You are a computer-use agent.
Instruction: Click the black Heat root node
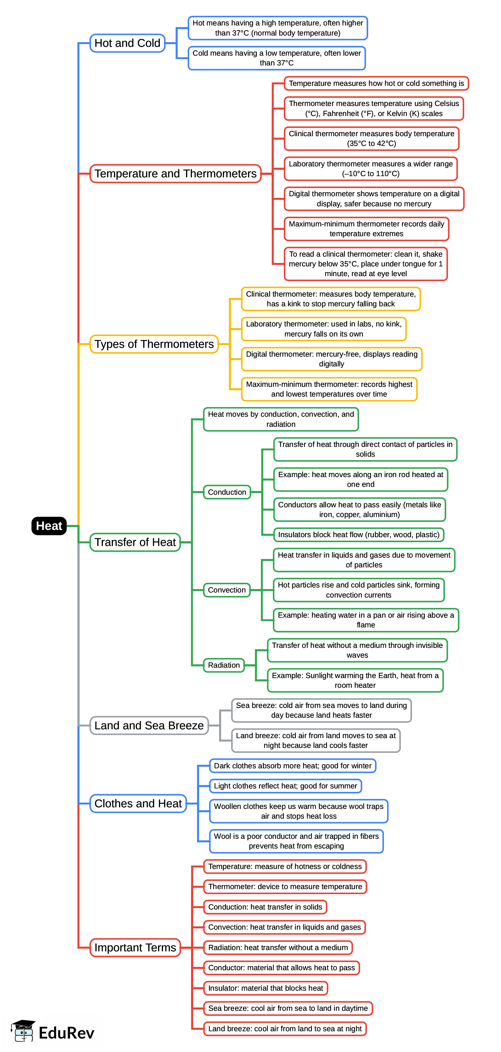click(x=49, y=526)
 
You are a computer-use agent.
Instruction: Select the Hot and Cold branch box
click(x=127, y=43)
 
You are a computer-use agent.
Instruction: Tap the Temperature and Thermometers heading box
click(x=175, y=174)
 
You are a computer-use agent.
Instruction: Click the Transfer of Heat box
click(x=135, y=542)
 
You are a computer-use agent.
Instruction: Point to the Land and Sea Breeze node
click(x=149, y=725)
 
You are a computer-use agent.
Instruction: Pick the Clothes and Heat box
click(x=138, y=803)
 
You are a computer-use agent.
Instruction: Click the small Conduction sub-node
click(x=227, y=492)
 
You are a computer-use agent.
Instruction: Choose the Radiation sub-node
click(x=223, y=665)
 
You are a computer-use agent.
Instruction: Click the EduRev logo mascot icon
click(x=23, y=1031)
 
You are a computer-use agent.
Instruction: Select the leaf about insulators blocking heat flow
click(x=358, y=535)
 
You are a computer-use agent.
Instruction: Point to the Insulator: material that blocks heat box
click(x=265, y=988)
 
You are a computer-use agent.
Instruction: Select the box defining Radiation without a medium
click(x=278, y=948)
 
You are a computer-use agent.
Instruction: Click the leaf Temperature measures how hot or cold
click(x=376, y=83)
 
